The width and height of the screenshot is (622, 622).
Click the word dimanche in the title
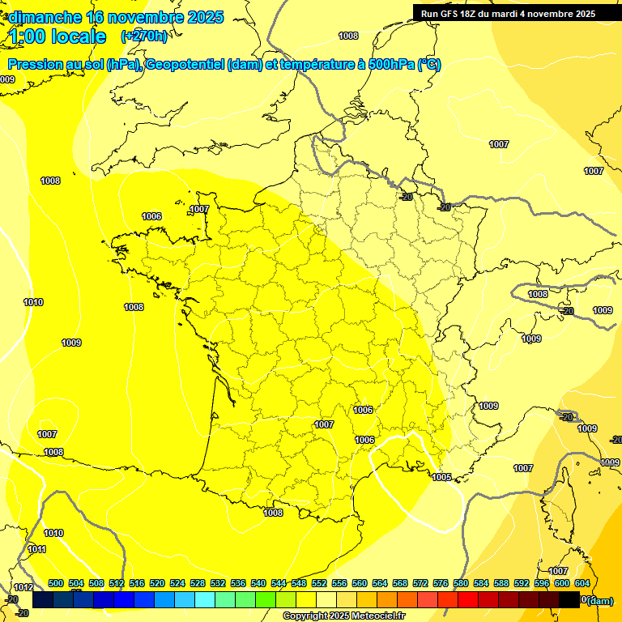click(x=45, y=18)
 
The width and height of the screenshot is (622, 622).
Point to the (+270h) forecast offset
click(x=144, y=36)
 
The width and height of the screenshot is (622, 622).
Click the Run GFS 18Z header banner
click(x=508, y=13)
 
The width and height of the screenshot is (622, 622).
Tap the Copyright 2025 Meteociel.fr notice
click(x=343, y=616)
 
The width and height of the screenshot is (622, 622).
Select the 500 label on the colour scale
click(x=56, y=583)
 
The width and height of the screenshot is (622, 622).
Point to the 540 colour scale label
click(x=258, y=583)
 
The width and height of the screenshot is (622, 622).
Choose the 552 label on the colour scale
click(x=319, y=583)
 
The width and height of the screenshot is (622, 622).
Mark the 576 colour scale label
click(x=441, y=583)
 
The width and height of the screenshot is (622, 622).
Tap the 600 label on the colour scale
click(x=562, y=583)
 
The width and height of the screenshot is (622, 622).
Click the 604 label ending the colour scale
click(x=582, y=583)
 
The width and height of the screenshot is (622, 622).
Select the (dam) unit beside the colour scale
click(x=599, y=600)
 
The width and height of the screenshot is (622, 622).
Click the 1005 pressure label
click(x=441, y=477)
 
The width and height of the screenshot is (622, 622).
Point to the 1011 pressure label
click(x=37, y=549)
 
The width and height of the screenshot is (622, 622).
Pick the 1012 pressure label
click(x=23, y=587)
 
